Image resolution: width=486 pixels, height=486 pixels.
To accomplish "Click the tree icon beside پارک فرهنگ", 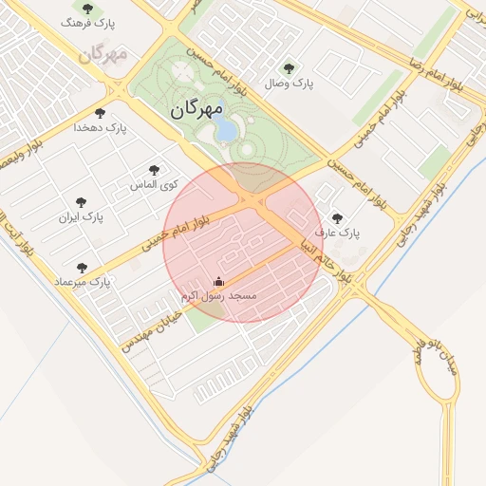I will [87, 8].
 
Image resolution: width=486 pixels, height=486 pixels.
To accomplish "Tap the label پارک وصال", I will [291, 84].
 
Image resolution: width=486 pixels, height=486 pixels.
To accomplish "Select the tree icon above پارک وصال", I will [290, 67].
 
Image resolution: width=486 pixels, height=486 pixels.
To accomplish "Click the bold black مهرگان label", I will [196, 110].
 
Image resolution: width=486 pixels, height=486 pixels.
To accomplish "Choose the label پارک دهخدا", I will [100, 126].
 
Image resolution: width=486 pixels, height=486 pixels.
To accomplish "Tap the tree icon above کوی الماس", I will [155, 170].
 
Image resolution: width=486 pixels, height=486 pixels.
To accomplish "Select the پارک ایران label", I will [81, 217].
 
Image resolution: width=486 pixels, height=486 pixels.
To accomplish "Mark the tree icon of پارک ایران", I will [81, 202].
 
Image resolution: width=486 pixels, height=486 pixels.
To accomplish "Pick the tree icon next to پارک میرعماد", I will [82, 269].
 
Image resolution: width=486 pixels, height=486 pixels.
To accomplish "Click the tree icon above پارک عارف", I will [337, 217].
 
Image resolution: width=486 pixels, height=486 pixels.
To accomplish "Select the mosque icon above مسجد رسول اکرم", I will [219, 282].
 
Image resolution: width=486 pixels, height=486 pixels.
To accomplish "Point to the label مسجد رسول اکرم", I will [219, 296].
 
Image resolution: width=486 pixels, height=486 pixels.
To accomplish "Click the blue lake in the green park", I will [226, 131].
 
